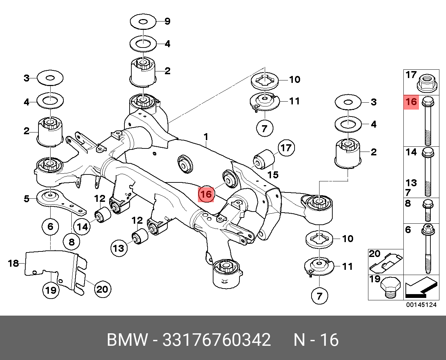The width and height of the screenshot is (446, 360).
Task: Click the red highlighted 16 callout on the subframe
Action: click(206, 194)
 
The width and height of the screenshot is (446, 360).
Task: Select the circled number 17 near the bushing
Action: click(286, 148)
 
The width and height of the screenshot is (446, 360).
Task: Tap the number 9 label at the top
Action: click(167, 22)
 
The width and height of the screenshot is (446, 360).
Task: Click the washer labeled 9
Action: click(142, 22)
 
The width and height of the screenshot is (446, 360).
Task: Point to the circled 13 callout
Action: click(119, 248)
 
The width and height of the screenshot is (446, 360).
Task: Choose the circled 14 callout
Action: click(82, 227)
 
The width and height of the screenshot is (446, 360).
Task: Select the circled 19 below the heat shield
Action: click(51, 290)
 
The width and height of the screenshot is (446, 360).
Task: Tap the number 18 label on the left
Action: click(14, 264)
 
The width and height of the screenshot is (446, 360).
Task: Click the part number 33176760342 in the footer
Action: click(217, 340)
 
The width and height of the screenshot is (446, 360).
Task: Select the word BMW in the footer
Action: click(127, 340)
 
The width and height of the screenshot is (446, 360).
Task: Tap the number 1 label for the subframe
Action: click(206, 137)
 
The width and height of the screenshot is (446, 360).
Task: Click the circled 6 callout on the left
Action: click(51, 227)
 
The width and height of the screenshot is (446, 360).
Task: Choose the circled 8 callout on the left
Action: click(72, 241)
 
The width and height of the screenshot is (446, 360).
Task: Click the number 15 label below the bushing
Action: click(273, 174)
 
